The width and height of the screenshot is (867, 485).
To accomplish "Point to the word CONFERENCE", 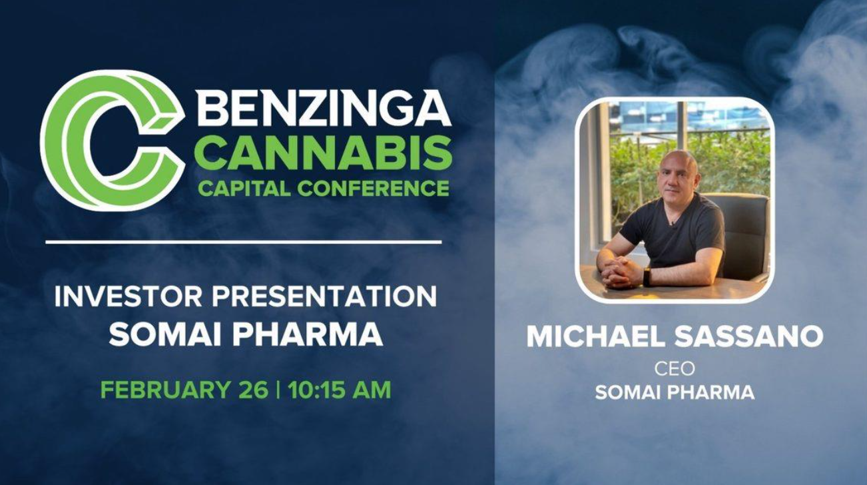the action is [x=374, y=189].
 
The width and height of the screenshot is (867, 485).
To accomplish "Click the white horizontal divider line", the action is [x=244, y=242].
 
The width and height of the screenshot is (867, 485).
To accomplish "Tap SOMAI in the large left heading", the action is [x=165, y=334].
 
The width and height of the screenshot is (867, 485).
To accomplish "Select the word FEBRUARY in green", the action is [x=166, y=390].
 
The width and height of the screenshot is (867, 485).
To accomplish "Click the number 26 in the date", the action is [x=254, y=390].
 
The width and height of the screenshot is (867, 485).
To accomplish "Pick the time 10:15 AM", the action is [x=339, y=390].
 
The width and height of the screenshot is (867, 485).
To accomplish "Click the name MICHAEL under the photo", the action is [x=596, y=336].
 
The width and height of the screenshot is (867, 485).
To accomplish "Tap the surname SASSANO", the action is [x=749, y=336].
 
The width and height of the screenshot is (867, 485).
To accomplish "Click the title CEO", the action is [x=675, y=369].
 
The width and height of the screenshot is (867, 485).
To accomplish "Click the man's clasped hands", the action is [x=619, y=270].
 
